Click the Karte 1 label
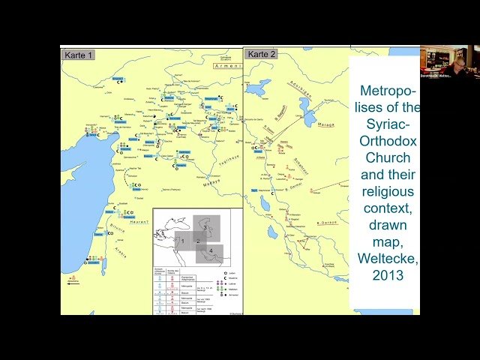pos(79,55)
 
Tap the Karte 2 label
pos(262,54)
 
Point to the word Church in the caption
pos(387,158)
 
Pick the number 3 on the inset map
pos(204,227)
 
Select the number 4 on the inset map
pos(211,250)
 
